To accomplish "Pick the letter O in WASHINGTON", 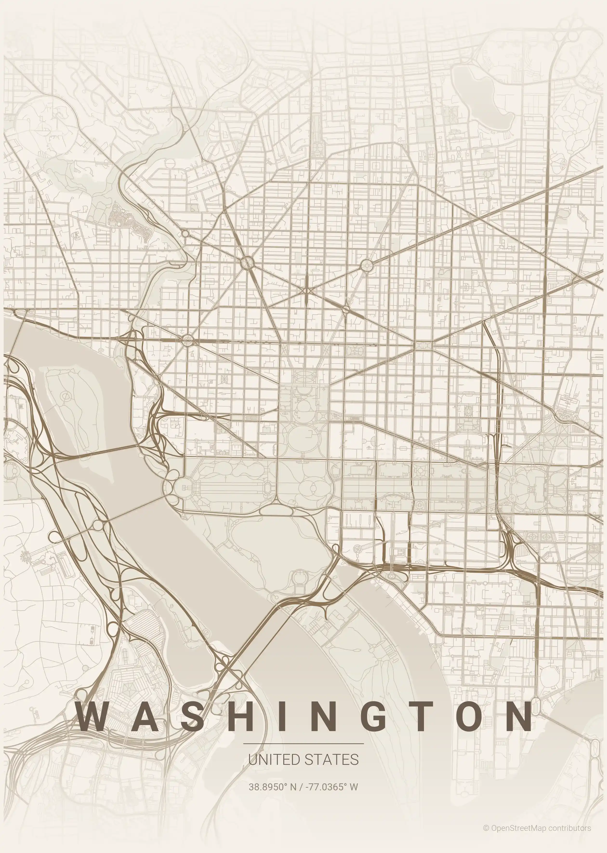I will (x=467, y=716).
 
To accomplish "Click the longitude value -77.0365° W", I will (x=331, y=787).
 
